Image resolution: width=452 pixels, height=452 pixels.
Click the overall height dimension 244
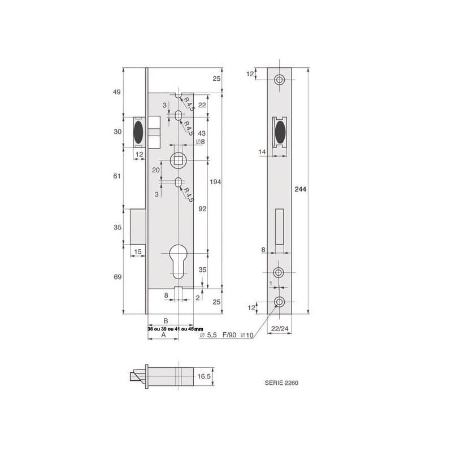tap(301, 190)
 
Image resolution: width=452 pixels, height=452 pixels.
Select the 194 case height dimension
tap(215, 182)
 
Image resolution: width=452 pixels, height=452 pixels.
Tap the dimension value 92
tap(202, 208)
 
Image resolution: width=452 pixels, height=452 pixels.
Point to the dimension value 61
tap(118, 176)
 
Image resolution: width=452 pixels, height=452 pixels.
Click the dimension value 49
tap(118, 93)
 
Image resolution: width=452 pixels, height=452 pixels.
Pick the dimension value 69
tap(118, 277)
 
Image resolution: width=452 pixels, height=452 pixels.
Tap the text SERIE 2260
tap(281, 383)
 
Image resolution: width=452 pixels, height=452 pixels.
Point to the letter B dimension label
tap(166, 320)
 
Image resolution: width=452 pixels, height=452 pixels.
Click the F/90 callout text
tap(230, 335)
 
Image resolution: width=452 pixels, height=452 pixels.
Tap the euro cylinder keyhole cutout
tap(178, 262)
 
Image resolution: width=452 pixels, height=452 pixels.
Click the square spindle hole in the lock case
tap(178, 160)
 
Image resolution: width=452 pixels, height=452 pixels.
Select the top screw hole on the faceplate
tap(280, 80)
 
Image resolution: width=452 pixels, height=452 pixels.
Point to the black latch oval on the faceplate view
tap(280, 134)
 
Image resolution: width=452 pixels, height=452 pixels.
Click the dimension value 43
tap(202, 133)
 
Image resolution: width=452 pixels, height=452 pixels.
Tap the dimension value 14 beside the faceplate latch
tap(262, 153)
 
